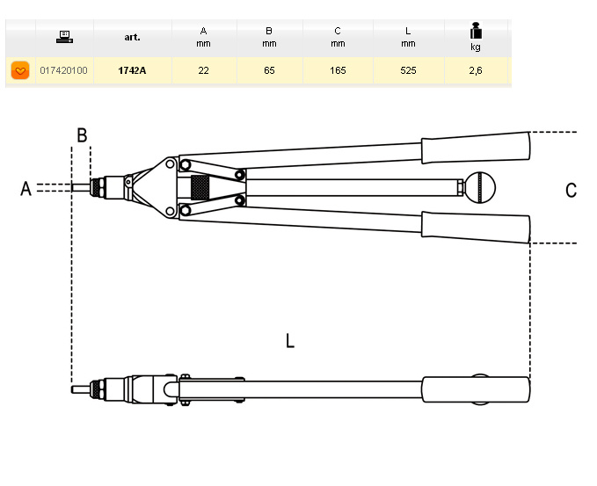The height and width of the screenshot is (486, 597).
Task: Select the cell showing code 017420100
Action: click(x=63, y=70)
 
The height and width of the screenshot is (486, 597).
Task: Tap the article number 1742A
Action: click(x=133, y=70)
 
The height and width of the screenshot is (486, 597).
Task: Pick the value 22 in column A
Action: click(x=203, y=70)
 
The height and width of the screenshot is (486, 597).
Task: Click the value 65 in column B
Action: click(x=269, y=70)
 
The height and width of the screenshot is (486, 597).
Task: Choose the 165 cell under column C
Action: click(x=338, y=70)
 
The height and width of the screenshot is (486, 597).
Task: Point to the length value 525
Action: click(x=408, y=70)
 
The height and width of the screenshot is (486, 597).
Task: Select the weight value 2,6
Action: click(x=476, y=70)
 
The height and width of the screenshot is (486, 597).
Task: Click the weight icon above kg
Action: click(x=476, y=32)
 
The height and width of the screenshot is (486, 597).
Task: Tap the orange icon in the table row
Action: click(x=20, y=70)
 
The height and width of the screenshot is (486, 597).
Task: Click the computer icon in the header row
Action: click(x=63, y=37)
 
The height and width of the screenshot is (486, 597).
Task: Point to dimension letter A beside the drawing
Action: click(x=25, y=188)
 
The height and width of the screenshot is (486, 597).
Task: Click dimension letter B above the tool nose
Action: click(x=81, y=135)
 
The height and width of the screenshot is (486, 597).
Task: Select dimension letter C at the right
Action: click(x=571, y=190)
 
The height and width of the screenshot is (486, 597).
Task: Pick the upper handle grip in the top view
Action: click(x=476, y=148)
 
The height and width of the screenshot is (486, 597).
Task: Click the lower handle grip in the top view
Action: click(x=476, y=227)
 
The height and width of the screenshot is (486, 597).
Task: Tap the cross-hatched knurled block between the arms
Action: click(x=200, y=187)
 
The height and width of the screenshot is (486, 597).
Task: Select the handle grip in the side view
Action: click(x=476, y=388)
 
